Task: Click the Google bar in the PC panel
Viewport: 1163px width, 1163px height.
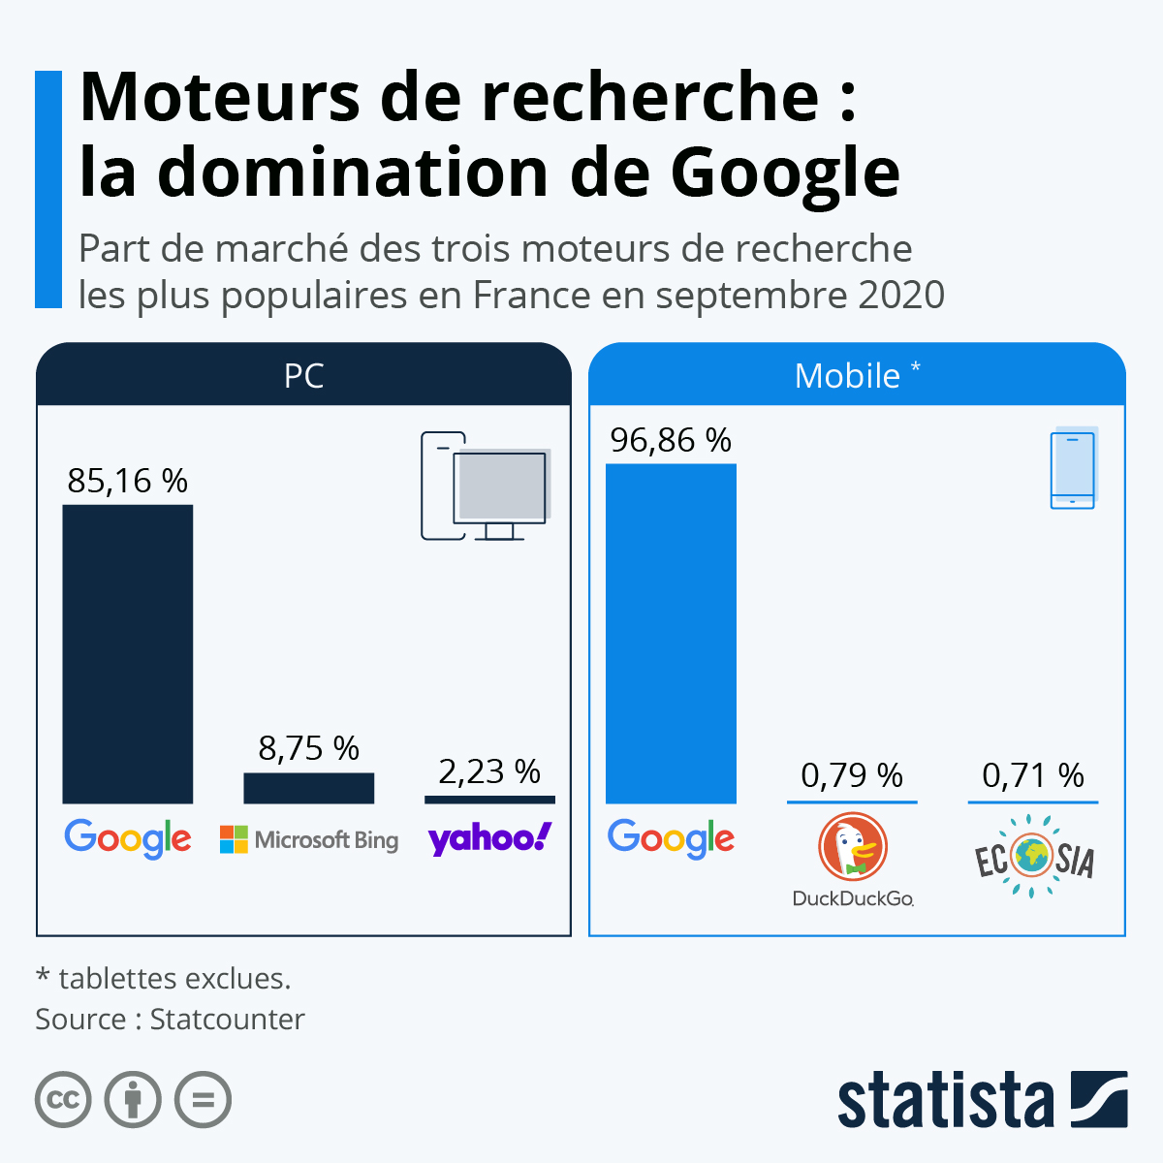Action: click(127, 654)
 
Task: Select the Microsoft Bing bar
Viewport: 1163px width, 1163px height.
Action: click(308, 788)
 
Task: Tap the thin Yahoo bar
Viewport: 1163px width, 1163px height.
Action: click(489, 800)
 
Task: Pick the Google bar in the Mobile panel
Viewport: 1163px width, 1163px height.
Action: click(671, 634)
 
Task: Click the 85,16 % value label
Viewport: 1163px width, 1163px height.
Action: click(127, 481)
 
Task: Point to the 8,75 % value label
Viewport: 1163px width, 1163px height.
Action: click(308, 748)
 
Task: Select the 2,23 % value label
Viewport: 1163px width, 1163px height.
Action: click(489, 771)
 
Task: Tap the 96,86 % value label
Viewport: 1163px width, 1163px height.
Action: click(671, 441)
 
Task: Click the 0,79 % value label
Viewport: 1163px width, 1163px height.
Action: click(852, 775)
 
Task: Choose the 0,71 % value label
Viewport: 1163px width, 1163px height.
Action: click(1033, 775)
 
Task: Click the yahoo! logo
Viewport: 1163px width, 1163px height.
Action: click(489, 839)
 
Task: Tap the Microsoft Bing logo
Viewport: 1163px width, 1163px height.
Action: click(309, 839)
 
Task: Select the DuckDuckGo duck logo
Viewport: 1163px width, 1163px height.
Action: click(852, 847)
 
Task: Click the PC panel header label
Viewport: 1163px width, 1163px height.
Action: click(303, 376)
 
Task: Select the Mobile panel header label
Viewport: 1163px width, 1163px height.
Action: click(848, 376)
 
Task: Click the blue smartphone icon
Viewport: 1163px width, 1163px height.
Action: click(1073, 470)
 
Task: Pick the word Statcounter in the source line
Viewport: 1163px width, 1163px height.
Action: click(227, 1020)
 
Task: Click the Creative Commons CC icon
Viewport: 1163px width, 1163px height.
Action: click(63, 1100)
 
